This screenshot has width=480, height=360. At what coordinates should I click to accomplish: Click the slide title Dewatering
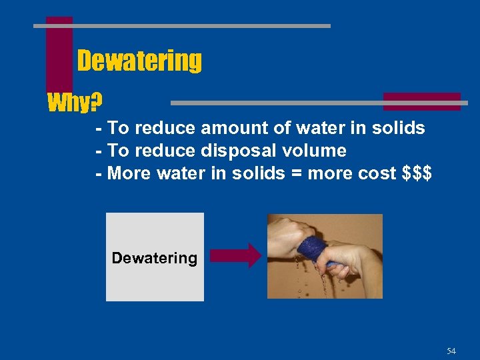point(139,61)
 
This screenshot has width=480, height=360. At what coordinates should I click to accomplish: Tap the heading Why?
point(75,103)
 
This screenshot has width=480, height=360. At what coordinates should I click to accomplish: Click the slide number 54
point(451,351)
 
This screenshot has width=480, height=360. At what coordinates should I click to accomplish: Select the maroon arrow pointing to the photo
point(236,255)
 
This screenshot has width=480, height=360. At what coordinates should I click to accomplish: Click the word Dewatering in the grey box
point(154,258)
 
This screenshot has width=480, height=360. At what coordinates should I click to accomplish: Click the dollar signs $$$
point(418,173)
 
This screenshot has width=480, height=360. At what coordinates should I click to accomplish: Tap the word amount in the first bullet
point(231,128)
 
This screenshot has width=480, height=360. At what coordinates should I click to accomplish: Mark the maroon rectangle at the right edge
point(422,101)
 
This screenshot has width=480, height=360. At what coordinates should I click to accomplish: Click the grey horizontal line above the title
point(182,26)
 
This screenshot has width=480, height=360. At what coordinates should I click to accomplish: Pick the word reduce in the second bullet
point(167,151)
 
